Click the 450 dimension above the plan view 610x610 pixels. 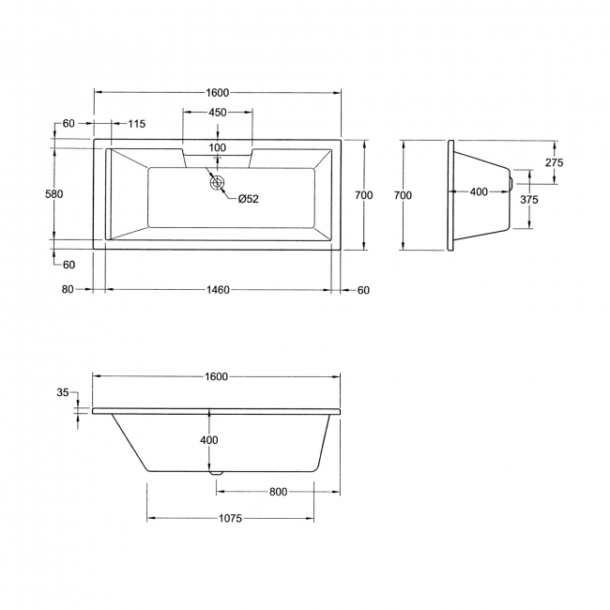click(217, 113)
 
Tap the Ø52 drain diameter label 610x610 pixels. click(248, 198)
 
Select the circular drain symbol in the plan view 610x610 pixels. click(219, 183)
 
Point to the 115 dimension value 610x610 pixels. click(136, 124)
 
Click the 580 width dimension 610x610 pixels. click(54, 195)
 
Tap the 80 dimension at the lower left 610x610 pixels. click(68, 290)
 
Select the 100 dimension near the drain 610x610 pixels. click(217, 148)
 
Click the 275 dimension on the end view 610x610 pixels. click(554, 163)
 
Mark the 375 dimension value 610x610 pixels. click(529, 200)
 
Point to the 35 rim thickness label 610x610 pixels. click(63, 393)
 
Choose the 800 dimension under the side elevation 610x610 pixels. click(277, 492)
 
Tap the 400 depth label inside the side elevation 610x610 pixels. click(207, 441)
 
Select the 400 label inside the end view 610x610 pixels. click(479, 191)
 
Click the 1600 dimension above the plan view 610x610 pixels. click(217, 92)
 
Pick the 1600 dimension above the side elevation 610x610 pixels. click(216, 376)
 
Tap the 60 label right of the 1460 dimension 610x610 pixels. click(363, 290)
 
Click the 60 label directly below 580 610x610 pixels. click(69, 265)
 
